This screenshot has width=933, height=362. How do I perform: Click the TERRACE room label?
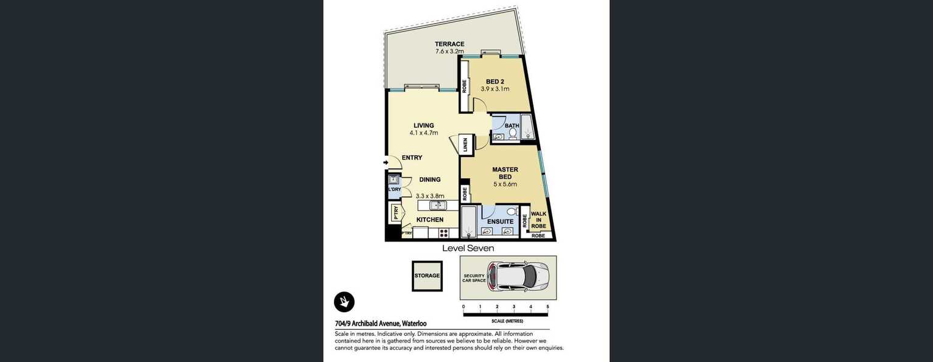coord(449,44)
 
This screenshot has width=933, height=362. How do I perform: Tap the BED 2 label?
coord(495,82)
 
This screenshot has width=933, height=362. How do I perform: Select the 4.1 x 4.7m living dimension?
coord(423,133)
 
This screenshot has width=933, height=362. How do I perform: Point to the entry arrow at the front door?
coord(386,162)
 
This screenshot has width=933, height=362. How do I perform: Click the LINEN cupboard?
coord(466,145)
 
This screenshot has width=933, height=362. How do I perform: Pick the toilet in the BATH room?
coord(513,133)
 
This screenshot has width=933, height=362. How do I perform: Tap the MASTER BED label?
coord(505,173)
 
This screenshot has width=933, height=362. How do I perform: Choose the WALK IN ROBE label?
coord(538,220)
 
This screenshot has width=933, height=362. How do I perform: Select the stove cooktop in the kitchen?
coord(443,233)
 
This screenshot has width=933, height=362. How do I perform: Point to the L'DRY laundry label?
coord(395,190)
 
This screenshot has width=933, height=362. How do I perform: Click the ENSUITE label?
coord(500,221)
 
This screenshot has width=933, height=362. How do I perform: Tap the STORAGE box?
coord(427,276)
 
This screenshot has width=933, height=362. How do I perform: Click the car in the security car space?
coord(518,276)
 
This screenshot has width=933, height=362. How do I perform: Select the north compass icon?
coord(344,302)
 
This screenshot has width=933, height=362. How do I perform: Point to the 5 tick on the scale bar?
coord(548,307)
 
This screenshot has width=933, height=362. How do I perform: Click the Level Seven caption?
coord(468,248)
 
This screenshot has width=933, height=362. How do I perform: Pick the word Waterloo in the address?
coord(414,324)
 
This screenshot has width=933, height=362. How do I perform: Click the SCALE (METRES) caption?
coord(507,321)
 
